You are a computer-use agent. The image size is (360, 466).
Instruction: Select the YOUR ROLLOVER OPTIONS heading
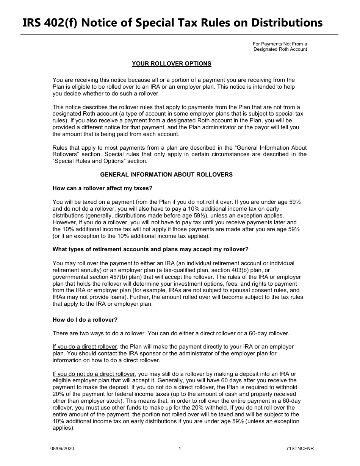click(171, 64)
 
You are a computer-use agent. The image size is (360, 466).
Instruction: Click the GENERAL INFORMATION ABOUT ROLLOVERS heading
click(166, 175)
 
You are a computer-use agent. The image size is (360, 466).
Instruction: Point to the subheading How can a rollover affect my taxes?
click(102, 188)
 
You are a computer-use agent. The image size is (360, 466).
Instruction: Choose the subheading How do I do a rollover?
click(85, 320)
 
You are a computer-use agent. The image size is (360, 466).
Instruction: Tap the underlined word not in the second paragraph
click(277, 107)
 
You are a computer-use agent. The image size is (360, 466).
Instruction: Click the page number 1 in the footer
click(180, 449)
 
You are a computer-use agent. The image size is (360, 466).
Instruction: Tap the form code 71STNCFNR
click(300, 449)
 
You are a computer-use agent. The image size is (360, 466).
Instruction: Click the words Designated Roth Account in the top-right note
click(280, 49)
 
